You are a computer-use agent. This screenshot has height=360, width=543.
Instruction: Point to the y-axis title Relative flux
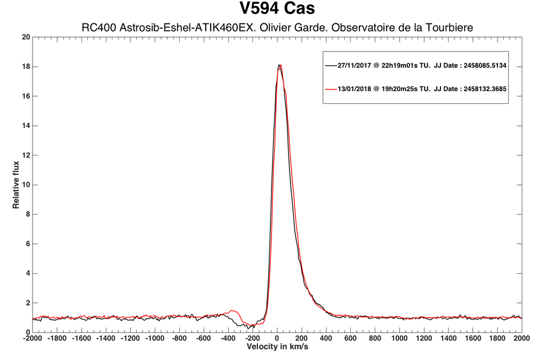pyautogui.click(x=16, y=185)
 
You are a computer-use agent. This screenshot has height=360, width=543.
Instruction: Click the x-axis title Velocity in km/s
pyautogui.click(x=277, y=346)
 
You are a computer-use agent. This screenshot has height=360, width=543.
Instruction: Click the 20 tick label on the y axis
pyautogui.click(x=26, y=37)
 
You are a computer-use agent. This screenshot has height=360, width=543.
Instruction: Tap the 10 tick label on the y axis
pyautogui.click(x=26, y=185)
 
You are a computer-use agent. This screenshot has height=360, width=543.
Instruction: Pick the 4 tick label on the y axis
pyautogui.click(x=27, y=273)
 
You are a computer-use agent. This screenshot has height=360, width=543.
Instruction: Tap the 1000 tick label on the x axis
pyautogui.click(x=400, y=338)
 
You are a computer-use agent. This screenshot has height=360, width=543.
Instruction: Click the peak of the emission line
pyautogui.click(x=279, y=65)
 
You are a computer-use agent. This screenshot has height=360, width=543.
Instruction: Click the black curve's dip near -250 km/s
pyautogui.click(x=248, y=327)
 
